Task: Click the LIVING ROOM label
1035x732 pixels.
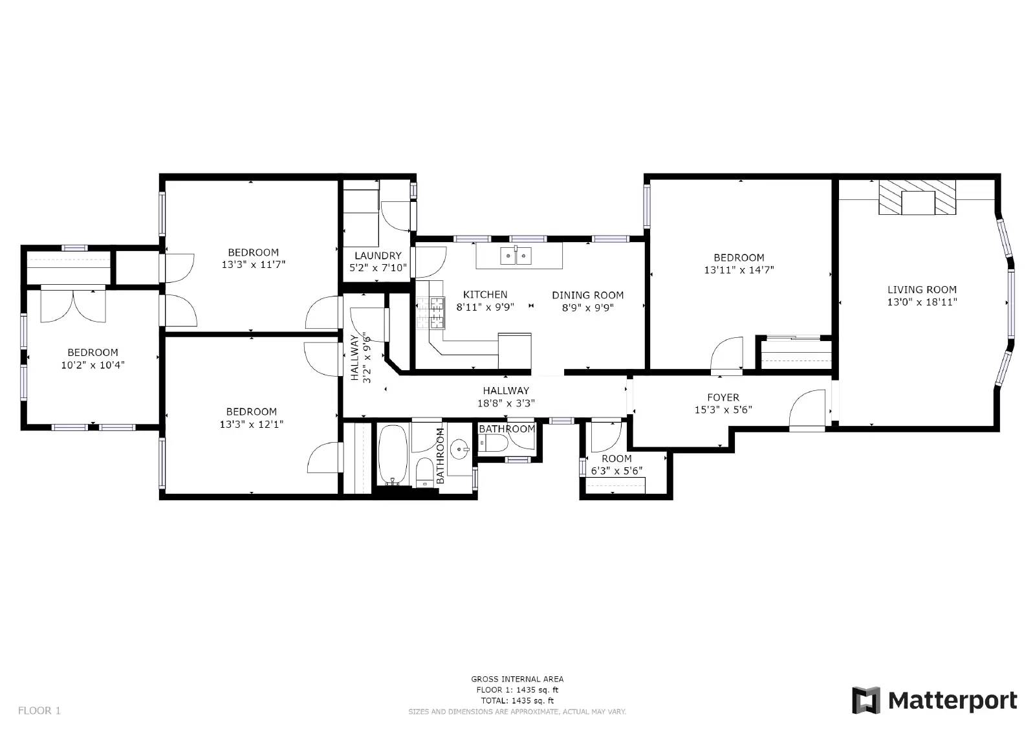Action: pyautogui.click(x=922, y=290)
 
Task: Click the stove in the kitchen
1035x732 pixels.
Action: pyautogui.click(x=431, y=313)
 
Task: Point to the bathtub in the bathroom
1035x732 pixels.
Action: pyautogui.click(x=392, y=454)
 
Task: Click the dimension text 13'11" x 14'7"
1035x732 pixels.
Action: pyautogui.click(x=739, y=270)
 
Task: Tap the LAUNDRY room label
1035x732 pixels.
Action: pyautogui.click(x=378, y=256)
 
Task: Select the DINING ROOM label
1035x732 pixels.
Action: pyautogui.click(x=587, y=295)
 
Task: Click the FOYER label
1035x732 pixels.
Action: pyautogui.click(x=723, y=397)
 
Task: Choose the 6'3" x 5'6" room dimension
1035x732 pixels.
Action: pyautogui.click(x=616, y=471)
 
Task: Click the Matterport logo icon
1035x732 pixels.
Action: pyautogui.click(x=866, y=700)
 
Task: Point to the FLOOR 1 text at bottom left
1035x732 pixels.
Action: pyautogui.click(x=39, y=711)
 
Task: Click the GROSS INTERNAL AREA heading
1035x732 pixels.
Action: pyautogui.click(x=517, y=679)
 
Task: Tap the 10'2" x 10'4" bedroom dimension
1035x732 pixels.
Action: pyautogui.click(x=93, y=365)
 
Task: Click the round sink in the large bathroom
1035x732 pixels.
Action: pyautogui.click(x=461, y=448)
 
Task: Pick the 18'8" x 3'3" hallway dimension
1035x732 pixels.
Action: pyautogui.click(x=506, y=403)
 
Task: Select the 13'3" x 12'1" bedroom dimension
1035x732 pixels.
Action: pyautogui.click(x=252, y=425)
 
